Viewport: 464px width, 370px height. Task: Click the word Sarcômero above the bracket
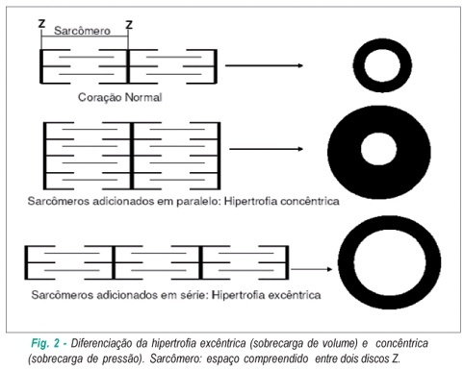click(82, 31)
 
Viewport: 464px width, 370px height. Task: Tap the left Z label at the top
click(41, 24)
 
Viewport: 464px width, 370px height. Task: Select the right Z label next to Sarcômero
click(129, 25)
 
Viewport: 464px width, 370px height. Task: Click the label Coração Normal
click(120, 97)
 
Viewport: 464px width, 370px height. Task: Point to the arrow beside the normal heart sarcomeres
click(264, 65)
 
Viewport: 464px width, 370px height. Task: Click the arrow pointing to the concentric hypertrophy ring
click(267, 149)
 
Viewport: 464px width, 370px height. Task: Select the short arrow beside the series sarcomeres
click(312, 269)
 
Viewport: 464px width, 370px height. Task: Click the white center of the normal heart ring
click(382, 66)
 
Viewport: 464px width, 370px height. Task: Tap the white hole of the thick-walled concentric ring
click(378, 149)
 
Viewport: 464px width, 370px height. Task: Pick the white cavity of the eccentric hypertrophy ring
click(390, 261)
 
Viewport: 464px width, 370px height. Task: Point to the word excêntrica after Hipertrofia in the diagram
click(294, 295)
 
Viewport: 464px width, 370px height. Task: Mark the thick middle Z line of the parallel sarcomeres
click(132, 156)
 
